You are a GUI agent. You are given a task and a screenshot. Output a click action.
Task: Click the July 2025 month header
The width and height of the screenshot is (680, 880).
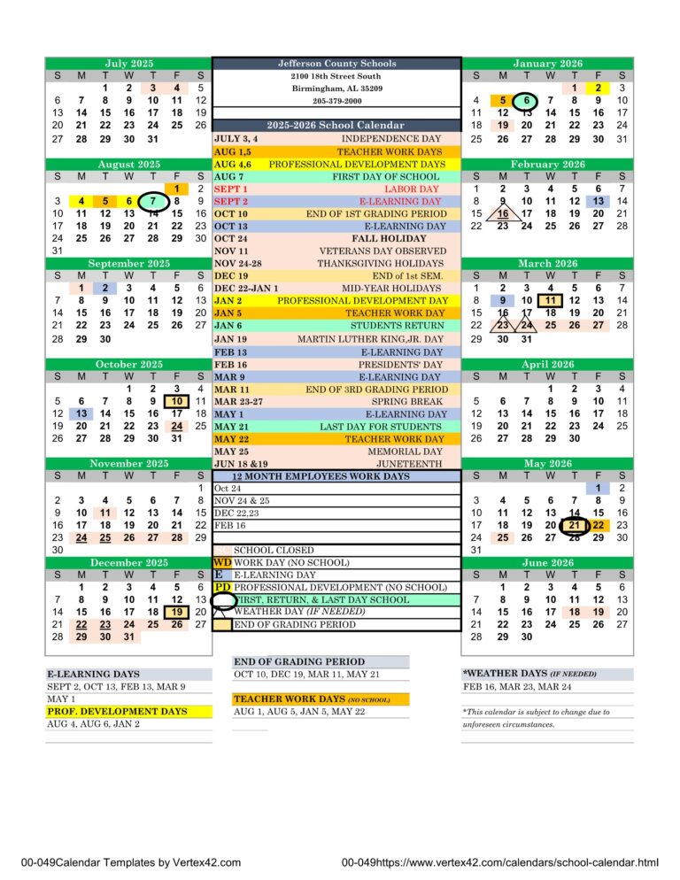click(128, 64)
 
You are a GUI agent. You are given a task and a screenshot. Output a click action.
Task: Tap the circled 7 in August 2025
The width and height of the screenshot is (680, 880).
click(152, 201)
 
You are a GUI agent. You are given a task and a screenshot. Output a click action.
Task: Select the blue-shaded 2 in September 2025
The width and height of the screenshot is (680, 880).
click(104, 287)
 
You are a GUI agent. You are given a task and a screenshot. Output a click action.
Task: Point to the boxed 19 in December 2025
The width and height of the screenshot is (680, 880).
click(176, 612)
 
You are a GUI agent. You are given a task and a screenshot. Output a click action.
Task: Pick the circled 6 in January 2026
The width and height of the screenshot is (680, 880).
click(526, 101)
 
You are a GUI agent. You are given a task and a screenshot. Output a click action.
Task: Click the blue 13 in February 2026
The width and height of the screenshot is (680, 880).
click(599, 201)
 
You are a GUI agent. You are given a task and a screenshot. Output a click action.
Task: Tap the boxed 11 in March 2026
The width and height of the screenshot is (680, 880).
click(550, 300)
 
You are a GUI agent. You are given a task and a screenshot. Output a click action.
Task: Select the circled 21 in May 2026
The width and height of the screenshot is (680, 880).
click(574, 525)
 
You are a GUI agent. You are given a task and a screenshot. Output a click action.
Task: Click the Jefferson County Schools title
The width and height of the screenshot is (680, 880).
click(336, 64)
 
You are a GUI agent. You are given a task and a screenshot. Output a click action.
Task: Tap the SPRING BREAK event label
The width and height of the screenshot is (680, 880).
click(409, 401)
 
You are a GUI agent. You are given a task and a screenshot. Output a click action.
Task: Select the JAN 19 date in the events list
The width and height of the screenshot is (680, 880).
click(230, 339)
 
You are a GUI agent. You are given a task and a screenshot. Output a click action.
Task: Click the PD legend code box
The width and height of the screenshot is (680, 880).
click(221, 587)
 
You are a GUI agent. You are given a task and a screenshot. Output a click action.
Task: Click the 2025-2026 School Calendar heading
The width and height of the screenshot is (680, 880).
click(336, 126)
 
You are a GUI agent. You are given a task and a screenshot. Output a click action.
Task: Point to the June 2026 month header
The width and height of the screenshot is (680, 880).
click(549, 562)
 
